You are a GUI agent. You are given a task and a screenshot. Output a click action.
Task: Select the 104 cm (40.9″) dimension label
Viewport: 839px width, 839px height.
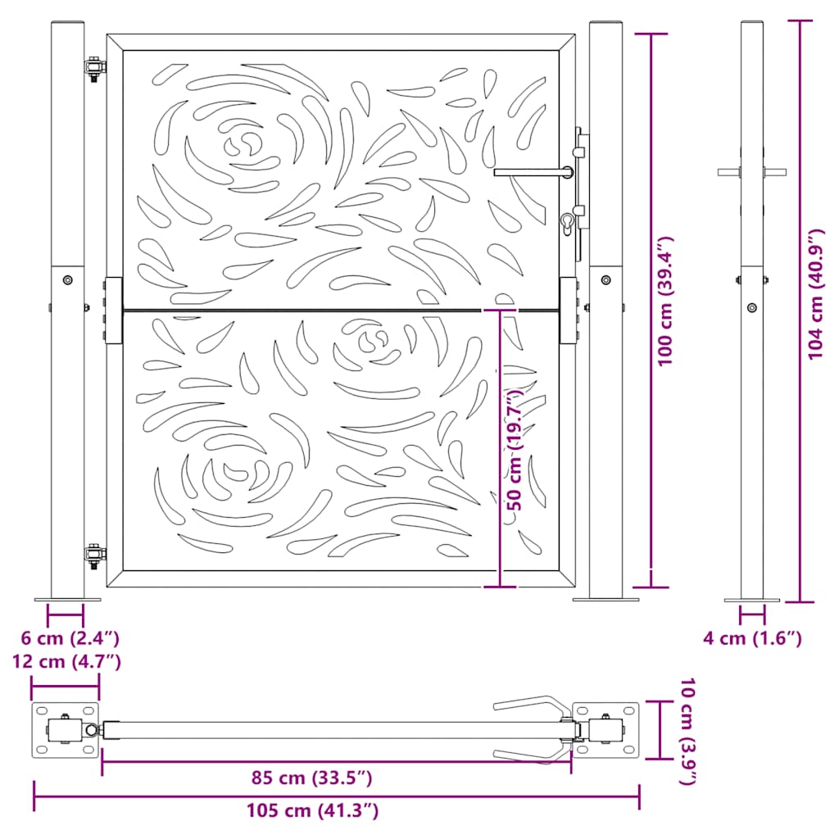[x=815, y=293]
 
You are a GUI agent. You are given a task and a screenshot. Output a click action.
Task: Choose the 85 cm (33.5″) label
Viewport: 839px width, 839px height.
[x=312, y=777]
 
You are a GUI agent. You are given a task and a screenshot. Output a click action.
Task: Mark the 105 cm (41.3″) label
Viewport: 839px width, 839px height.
[x=312, y=811]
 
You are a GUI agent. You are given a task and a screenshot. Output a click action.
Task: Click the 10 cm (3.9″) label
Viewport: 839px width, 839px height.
[x=687, y=731]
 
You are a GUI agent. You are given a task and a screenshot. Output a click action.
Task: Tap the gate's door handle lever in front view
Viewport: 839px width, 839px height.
[x=533, y=172]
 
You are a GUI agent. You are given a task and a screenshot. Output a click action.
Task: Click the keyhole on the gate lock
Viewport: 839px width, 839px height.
[x=567, y=222]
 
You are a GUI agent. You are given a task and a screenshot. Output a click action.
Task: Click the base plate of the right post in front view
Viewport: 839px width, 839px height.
[x=605, y=599]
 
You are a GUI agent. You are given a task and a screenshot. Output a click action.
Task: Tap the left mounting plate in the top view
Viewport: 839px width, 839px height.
[x=65, y=730]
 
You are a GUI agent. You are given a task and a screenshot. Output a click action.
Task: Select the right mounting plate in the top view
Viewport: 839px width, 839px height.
[x=606, y=729]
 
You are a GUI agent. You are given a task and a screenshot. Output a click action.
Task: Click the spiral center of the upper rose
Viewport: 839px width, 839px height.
[x=244, y=145]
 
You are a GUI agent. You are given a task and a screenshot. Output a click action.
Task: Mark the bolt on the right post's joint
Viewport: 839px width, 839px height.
[x=605, y=280]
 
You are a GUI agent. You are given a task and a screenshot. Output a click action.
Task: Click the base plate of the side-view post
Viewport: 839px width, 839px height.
[x=752, y=600]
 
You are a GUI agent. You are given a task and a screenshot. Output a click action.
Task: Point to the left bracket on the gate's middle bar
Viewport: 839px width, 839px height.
[x=113, y=310]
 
